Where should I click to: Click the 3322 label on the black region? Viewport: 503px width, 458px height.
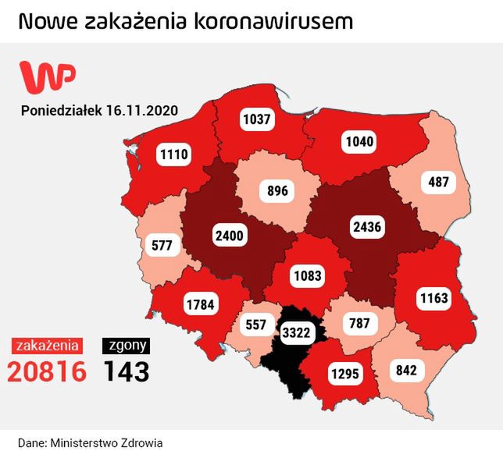coord(297,333)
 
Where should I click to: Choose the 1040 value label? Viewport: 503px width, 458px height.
coord(359,142)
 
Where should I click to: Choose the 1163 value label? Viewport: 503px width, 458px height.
coord(432,297)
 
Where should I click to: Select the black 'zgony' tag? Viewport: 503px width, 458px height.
coord(126,345)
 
